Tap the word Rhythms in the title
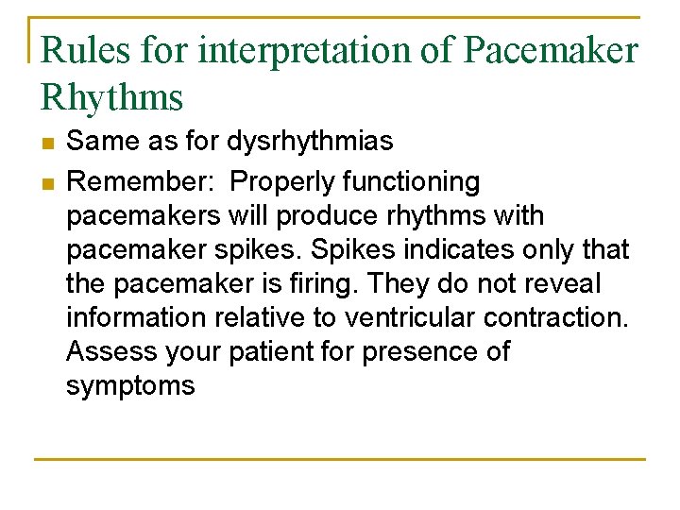pyautogui.click(x=112, y=96)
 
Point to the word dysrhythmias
pyautogui.click(x=310, y=143)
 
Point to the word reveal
pyautogui.click(x=562, y=283)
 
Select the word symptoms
pyautogui.click(x=130, y=385)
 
